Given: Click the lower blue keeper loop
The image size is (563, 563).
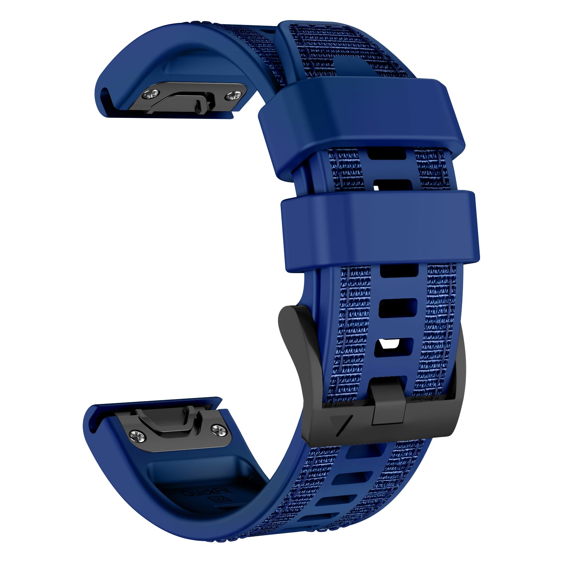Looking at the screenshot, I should tap(380, 230).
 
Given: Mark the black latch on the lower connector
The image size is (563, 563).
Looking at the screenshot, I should tap(169, 420).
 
